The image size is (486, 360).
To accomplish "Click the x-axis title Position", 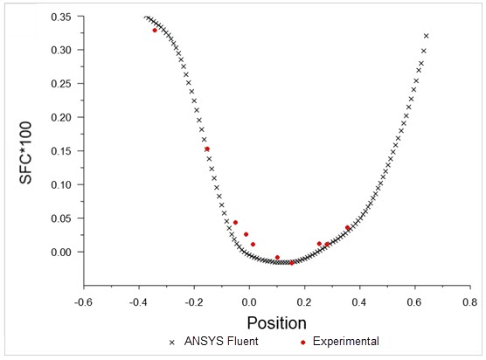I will click(276, 322).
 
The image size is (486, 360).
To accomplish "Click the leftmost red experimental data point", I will click(155, 30).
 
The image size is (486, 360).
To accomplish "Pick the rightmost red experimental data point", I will click(347, 228).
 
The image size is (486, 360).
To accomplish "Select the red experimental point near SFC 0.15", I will click(207, 149).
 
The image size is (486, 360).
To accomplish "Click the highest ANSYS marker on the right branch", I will click(427, 36).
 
